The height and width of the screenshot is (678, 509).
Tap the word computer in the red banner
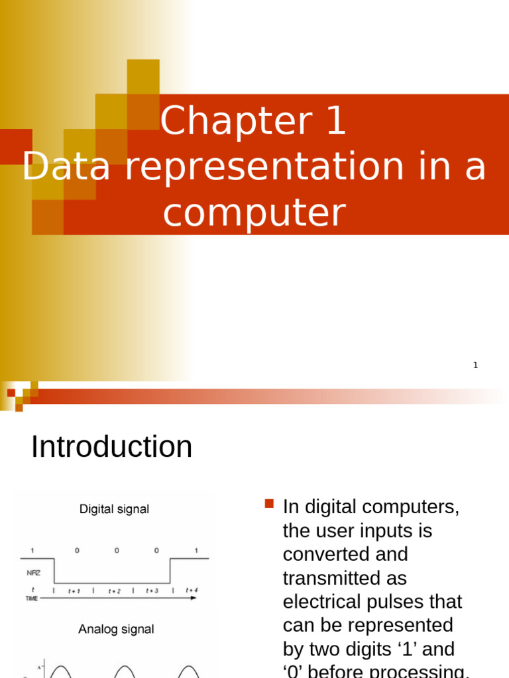pyautogui.click(x=254, y=213)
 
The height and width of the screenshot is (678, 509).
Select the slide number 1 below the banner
pyautogui.click(x=475, y=365)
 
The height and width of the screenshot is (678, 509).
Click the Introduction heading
pyautogui.click(x=111, y=447)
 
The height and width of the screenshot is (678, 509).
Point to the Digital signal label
pyautogui.click(x=114, y=509)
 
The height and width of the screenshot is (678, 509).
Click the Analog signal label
pyautogui.click(x=116, y=629)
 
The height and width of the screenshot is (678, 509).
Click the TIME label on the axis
pyautogui.click(x=31, y=598)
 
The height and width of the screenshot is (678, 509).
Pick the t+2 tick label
pyautogui.click(x=115, y=590)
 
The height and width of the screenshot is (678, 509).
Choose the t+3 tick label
pyautogui.click(x=152, y=590)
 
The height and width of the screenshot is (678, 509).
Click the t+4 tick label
pyautogui.click(x=192, y=590)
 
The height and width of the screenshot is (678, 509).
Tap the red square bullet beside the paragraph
pyautogui.click(x=269, y=504)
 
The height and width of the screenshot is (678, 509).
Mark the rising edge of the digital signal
pyautogui.click(x=170, y=571)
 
